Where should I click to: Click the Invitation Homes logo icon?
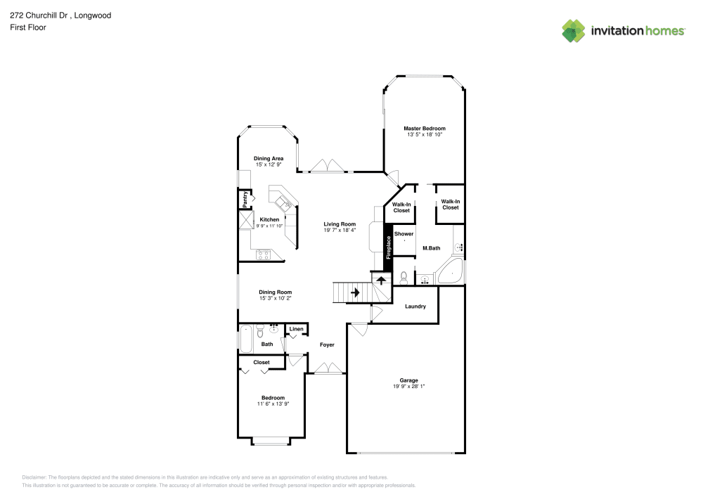point(574,30)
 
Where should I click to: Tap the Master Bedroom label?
point(424,129)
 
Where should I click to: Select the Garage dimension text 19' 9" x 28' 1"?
point(408,386)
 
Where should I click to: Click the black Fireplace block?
point(387,243)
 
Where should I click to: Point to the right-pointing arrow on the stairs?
point(355,292)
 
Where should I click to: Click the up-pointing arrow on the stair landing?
point(381,279)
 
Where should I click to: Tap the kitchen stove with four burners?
point(264,254)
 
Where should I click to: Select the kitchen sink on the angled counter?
point(284,204)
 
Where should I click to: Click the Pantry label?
point(245,199)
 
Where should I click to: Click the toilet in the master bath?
point(404,276)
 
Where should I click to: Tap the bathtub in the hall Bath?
point(245,339)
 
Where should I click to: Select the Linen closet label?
point(296,329)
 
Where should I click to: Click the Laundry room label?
point(415,306)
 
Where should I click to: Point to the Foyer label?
point(327,344)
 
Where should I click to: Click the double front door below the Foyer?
point(327,369)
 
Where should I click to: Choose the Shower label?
point(404,233)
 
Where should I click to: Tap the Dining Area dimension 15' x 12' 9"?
point(268,164)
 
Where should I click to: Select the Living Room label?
point(340,224)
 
